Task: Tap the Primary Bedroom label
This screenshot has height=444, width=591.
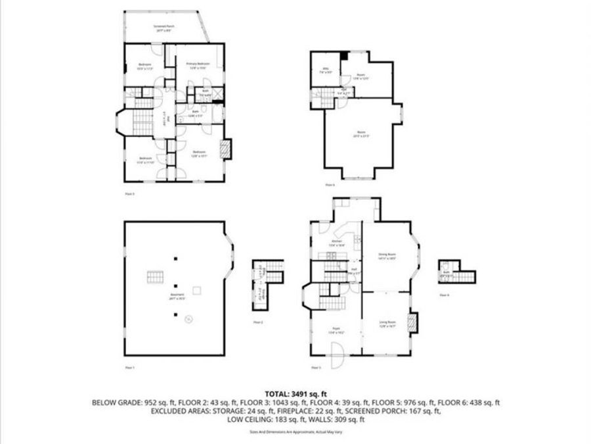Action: point(198,65)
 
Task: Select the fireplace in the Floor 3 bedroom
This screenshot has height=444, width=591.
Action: point(227,150)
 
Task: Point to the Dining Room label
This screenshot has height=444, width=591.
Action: point(387,255)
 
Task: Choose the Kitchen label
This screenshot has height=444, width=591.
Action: point(337,242)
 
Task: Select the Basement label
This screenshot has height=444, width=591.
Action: point(177,295)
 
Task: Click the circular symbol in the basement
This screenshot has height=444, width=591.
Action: point(188,320)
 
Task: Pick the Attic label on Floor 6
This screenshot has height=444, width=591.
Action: point(326,70)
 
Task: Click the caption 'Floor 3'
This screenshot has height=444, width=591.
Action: point(129,194)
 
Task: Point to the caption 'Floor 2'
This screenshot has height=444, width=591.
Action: point(258,322)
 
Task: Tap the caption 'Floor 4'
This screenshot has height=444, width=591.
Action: point(445,295)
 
